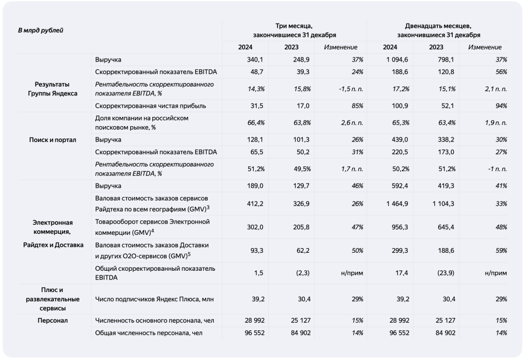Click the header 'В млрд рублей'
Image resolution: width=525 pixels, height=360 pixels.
[41, 30]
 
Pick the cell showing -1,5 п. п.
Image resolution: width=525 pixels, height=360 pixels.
[351, 89]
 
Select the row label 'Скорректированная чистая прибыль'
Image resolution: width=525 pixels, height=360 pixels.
[151, 106]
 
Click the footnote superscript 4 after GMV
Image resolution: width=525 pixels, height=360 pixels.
[152, 230]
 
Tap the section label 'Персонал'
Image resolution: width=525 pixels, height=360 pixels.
[52, 321]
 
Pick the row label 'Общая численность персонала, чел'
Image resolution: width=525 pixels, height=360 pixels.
[149, 333]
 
